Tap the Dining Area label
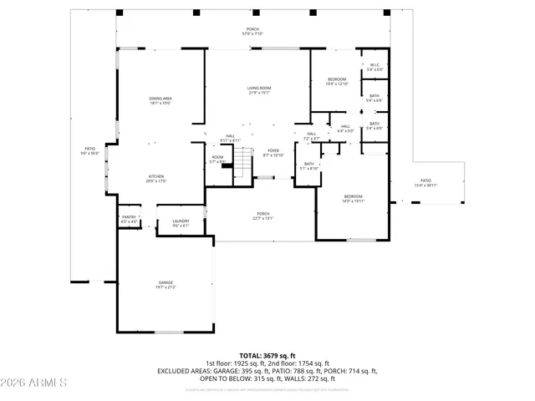[x=160, y=100]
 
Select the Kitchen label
[x=156, y=178]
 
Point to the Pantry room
[x=129, y=219]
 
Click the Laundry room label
[x=181, y=223]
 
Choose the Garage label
[x=166, y=285]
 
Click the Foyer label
[x=273, y=153]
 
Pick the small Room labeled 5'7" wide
[x=217, y=159]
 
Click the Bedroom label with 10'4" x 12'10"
[x=337, y=81]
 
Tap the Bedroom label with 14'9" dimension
[x=352, y=198]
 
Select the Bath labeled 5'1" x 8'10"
[x=309, y=165]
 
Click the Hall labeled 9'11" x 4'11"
[x=230, y=138]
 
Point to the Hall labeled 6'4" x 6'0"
[x=345, y=129]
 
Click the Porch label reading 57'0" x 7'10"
[x=252, y=31]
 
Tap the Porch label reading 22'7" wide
[x=263, y=216]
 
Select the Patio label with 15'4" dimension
[x=425, y=183]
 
